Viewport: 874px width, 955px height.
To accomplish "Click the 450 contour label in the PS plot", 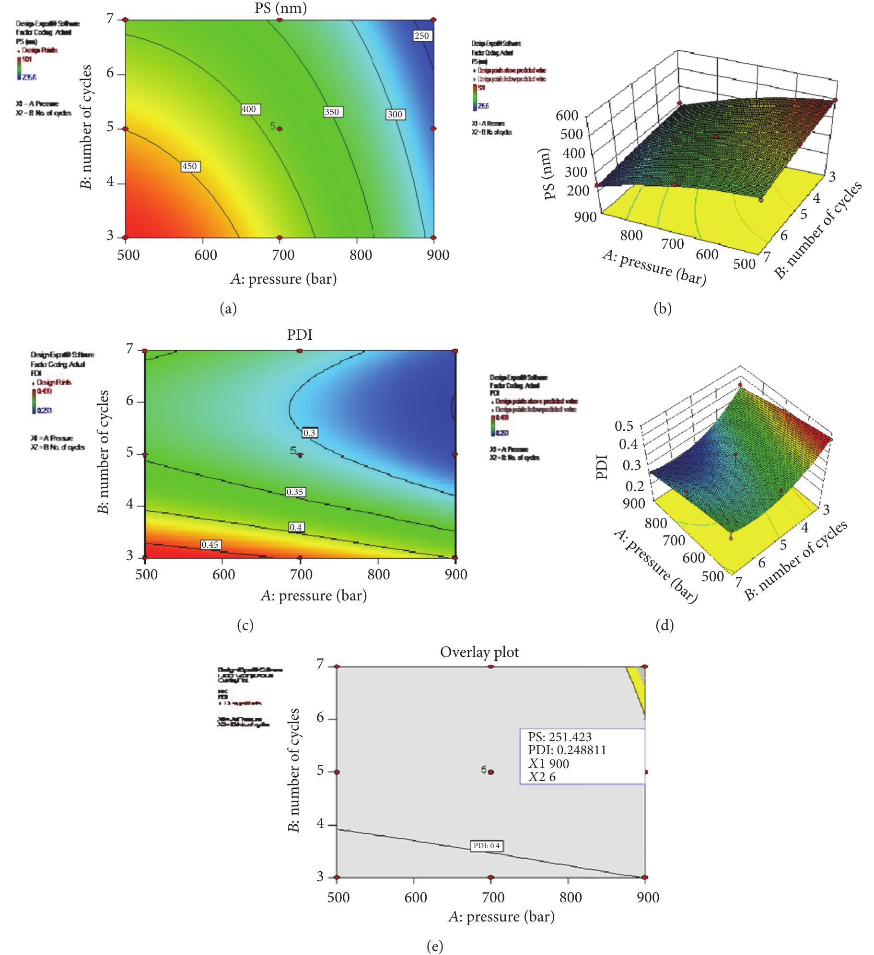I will pos(190,166).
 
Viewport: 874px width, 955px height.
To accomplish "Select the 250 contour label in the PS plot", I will pos(422,35).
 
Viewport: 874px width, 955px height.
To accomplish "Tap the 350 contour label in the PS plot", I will pos(331,112).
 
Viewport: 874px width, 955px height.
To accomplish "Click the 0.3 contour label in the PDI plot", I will pos(310,433).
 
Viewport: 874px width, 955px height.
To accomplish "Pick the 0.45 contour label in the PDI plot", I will pos(210,544).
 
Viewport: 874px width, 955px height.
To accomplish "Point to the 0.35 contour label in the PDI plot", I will pos(295,492).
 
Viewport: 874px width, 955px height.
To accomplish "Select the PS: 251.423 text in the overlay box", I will pos(559,737).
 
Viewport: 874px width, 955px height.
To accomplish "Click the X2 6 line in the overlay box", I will pos(542,777).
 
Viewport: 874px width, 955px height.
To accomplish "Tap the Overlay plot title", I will pos(479,652).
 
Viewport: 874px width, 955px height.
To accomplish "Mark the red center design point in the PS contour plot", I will pos(280,129).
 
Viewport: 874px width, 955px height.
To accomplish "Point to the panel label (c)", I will pos(245,625).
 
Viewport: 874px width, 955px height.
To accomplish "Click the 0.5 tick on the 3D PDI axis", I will pos(624,426).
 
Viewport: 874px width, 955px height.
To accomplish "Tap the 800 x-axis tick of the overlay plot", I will pos(570,897).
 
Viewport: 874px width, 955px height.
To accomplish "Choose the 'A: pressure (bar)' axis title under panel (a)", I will pos(283,278).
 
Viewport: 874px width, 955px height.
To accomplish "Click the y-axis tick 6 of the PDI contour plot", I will pos(129,401).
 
